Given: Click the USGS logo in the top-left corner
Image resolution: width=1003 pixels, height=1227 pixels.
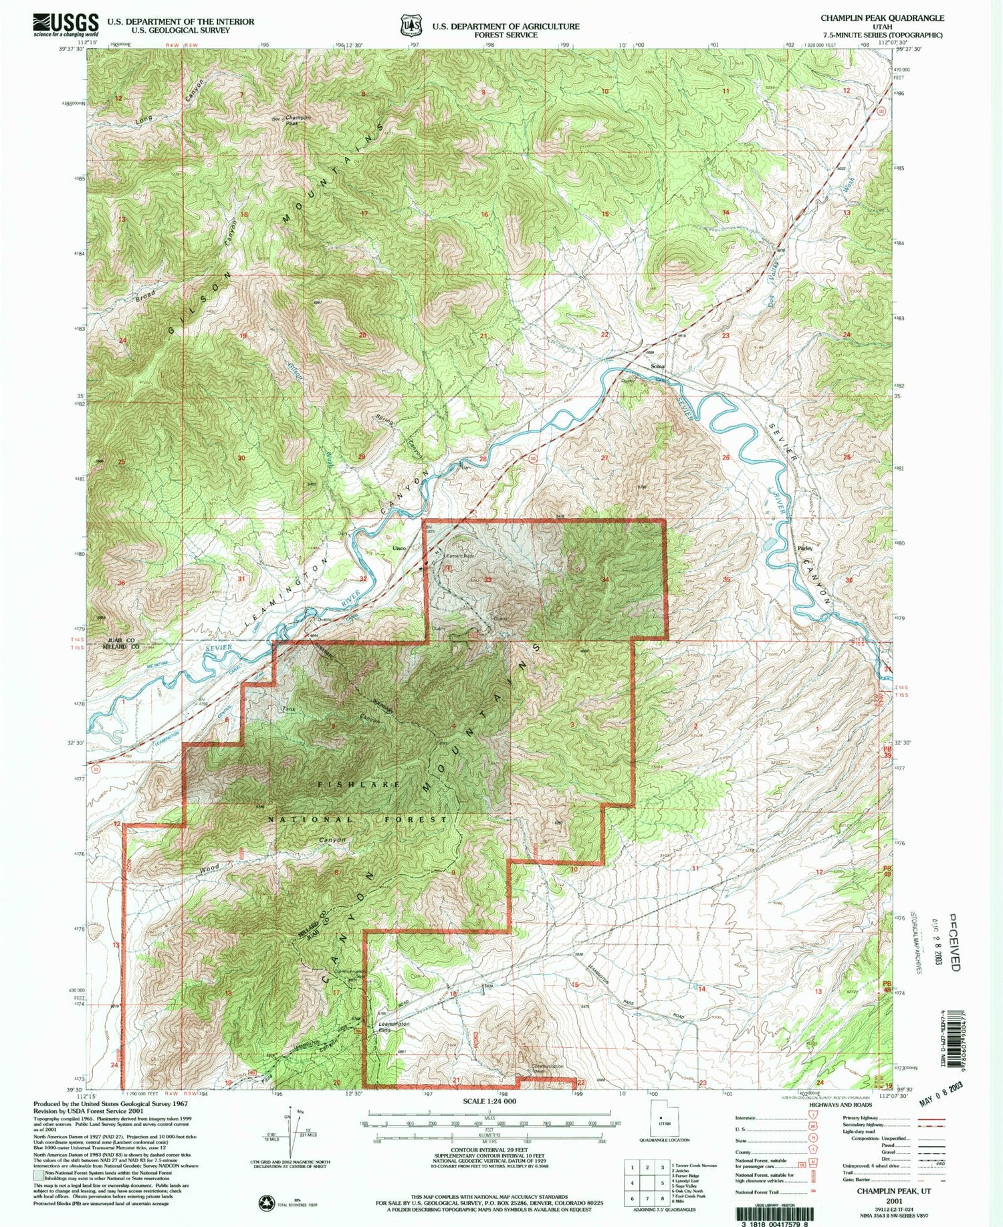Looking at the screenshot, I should tap(65, 25).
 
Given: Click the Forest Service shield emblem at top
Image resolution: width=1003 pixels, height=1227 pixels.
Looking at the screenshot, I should tap(407, 25).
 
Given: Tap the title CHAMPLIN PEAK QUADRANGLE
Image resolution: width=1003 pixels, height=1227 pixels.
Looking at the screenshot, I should tap(882, 18).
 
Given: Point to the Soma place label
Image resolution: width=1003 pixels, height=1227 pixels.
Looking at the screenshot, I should tap(658, 366).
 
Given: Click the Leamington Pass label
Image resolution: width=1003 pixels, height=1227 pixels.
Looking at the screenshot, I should tap(393, 1027).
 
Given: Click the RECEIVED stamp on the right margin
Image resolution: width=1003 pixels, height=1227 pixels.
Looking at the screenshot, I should tap(954, 941).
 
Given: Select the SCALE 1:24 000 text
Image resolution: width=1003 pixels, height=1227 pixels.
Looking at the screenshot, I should tap(489, 1101).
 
